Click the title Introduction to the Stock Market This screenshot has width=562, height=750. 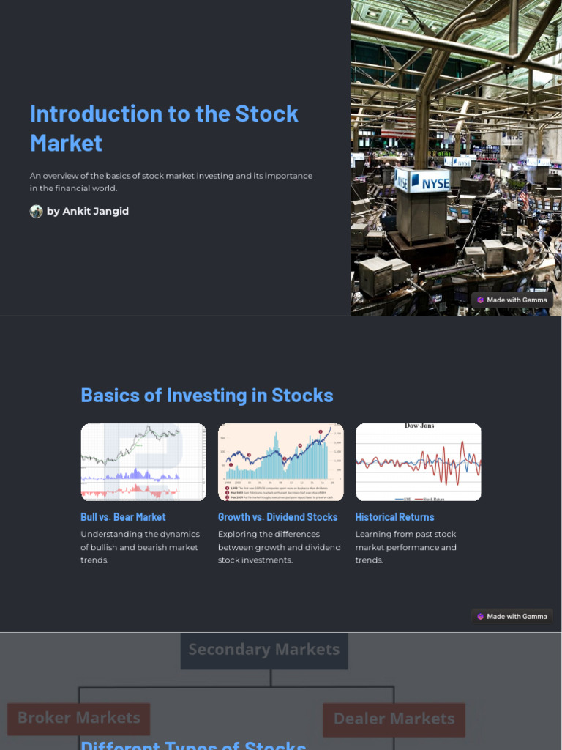pyautogui.click(x=164, y=128)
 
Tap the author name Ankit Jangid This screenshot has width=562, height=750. pyautogui.click(x=88, y=212)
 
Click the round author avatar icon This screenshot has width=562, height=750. pyautogui.click(x=36, y=212)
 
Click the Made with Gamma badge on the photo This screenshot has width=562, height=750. pyautogui.click(x=512, y=300)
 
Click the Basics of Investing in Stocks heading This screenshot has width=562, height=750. pyautogui.click(x=206, y=396)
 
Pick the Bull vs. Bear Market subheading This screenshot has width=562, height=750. pyautogui.click(x=123, y=517)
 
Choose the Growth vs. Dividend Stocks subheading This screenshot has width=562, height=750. pyautogui.click(x=277, y=517)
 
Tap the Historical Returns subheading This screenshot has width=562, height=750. pyautogui.click(x=394, y=517)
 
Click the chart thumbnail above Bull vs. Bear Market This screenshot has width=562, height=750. pyautogui.click(x=143, y=462)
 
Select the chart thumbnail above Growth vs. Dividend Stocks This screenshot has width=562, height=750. pyautogui.click(x=280, y=462)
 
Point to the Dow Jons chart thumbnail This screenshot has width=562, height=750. pyautogui.click(x=418, y=462)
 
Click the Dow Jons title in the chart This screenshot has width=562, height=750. pyautogui.click(x=419, y=426)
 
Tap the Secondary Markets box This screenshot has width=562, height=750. pyautogui.click(x=264, y=650)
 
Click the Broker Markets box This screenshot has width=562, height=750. pyautogui.click(x=79, y=719)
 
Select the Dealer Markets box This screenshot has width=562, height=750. pyautogui.click(x=394, y=719)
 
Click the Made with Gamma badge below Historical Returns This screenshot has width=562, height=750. pyautogui.click(x=512, y=617)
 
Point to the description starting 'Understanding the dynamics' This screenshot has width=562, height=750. pyautogui.click(x=140, y=547)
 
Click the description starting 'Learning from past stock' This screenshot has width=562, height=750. pyautogui.click(x=405, y=547)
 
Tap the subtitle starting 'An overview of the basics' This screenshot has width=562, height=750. pyautogui.click(x=171, y=182)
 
